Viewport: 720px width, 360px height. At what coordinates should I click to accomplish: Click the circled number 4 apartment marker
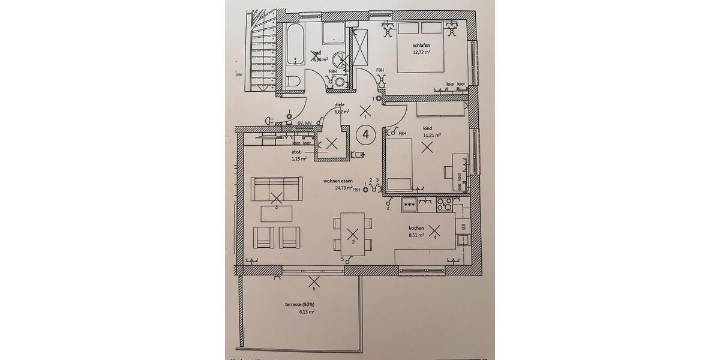click(x=365, y=134)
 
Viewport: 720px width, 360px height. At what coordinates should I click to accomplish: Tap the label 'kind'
click(x=427, y=128)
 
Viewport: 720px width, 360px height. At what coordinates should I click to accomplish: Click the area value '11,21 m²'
click(x=431, y=136)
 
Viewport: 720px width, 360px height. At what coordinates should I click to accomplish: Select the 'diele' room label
click(x=339, y=105)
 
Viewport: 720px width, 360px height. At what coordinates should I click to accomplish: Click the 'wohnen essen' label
click(x=338, y=181)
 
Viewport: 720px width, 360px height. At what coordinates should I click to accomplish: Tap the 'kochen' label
click(x=416, y=228)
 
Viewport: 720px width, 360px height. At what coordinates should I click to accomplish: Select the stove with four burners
click(x=445, y=204)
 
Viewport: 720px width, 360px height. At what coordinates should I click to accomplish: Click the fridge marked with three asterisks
click(x=410, y=205)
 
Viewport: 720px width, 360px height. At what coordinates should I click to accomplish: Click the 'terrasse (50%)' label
click(x=299, y=304)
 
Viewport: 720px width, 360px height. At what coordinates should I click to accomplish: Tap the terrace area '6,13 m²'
click(x=307, y=312)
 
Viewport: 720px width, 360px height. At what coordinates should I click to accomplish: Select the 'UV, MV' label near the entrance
click(x=304, y=122)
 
